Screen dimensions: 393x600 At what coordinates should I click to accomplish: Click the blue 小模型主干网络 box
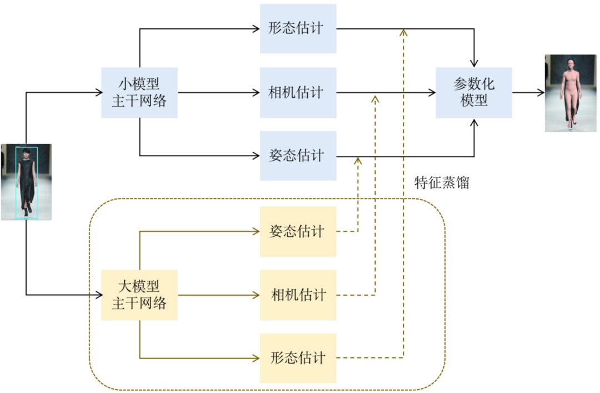coord(139,92)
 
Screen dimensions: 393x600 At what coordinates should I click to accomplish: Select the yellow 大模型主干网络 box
coord(139,295)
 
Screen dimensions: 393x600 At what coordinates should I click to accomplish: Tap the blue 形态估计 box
coord(298,29)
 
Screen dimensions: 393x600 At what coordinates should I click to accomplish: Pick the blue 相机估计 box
coord(298,92)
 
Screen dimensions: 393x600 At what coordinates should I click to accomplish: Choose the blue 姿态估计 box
coord(298,156)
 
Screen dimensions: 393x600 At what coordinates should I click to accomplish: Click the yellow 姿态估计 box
coord(298,231)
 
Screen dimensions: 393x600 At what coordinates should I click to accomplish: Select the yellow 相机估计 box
coord(298,295)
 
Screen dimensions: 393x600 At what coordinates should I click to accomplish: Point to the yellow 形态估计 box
coord(298,358)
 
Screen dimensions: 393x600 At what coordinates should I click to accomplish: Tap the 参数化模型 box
coord(474,92)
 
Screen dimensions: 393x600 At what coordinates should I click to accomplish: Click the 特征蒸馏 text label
coord(442,183)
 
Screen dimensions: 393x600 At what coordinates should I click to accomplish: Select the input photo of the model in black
coord(26,182)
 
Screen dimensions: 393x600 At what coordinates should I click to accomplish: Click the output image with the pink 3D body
coord(569,93)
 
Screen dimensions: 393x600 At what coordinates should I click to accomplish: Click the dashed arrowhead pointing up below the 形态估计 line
coord(403,32)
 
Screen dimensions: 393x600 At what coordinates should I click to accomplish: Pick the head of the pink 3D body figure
coord(569,64)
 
